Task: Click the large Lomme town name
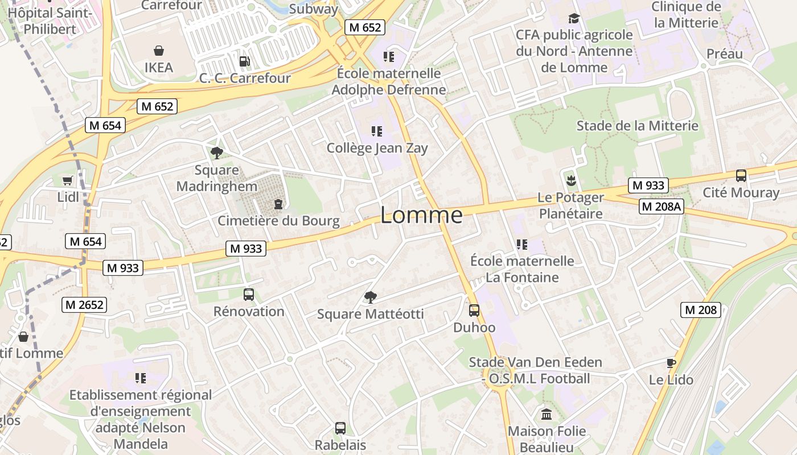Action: click(x=421, y=215)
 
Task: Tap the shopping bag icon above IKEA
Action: click(x=158, y=51)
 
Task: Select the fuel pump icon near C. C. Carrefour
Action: click(x=244, y=61)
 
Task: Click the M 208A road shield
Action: click(x=661, y=206)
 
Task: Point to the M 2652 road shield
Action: click(x=84, y=305)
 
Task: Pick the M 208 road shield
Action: click(x=701, y=310)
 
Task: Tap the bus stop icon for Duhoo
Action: click(x=474, y=311)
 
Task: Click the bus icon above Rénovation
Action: click(x=249, y=295)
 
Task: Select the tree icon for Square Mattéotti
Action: click(x=370, y=297)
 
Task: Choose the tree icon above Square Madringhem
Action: click(x=216, y=152)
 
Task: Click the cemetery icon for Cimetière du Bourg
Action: click(x=278, y=204)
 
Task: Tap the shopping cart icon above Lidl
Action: click(x=68, y=181)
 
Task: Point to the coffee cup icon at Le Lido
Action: click(x=671, y=363)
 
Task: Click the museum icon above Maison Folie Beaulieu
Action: click(x=547, y=414)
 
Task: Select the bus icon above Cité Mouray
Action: click(x=741, y=176)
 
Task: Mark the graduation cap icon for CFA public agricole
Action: click(x=574, y=18)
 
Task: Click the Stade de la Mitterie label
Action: click(x=637, y=126)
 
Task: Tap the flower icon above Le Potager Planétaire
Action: click(x=570, y=181)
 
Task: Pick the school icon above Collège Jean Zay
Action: click(x=376, y=131)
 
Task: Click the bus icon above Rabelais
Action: click(x=340, y=428)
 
